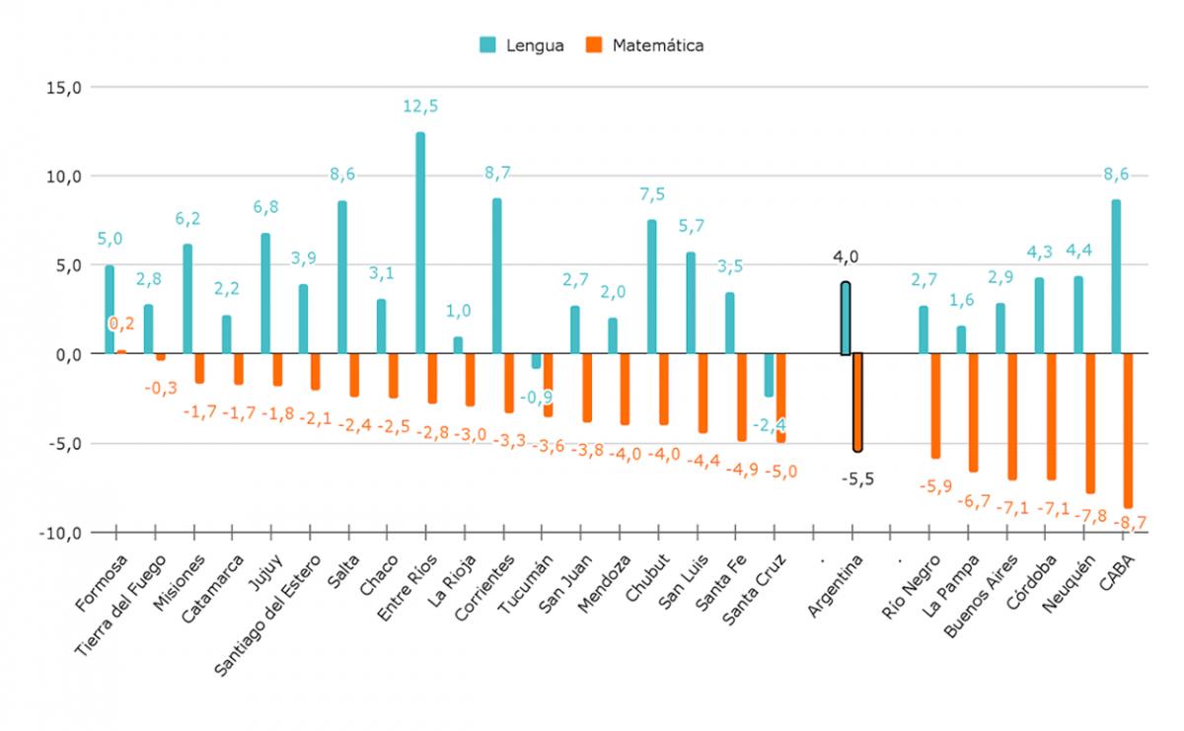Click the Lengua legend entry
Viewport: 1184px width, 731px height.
522,45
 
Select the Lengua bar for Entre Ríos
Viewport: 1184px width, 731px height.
420,243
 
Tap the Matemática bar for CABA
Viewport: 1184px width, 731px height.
1128,430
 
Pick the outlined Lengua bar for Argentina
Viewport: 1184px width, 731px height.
846,319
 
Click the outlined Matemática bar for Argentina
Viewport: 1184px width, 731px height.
857,402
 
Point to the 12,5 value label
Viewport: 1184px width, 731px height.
419,106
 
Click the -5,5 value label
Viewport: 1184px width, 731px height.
857,480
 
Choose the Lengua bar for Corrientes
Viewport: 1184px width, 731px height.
497,276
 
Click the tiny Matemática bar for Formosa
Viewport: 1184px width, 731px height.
121,351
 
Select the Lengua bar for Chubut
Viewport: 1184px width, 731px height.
652,286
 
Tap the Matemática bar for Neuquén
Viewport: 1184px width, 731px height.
1090,423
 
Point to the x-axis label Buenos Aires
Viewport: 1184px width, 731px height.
980,593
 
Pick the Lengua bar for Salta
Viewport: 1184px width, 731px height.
342,277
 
